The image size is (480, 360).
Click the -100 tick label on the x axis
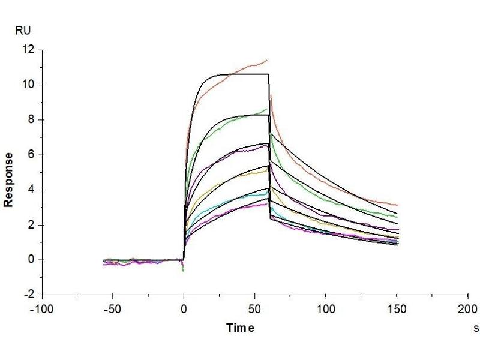tap(41, 310)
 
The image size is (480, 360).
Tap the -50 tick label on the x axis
tap(112, 310)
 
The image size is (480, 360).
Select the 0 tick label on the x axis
tap(184, 310)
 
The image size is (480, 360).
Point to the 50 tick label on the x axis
tap(254, 310)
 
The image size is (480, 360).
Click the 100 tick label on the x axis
tap(325, 310)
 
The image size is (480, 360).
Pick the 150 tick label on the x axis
tap(397, 310)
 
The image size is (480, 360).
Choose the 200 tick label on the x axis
tap(467, 310)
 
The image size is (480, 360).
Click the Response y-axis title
tap(9, 180)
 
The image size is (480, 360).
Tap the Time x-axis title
tap(240, 328)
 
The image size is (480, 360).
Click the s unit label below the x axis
tap(476, 328)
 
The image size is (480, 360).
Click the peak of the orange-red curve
tap(266, 60)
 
